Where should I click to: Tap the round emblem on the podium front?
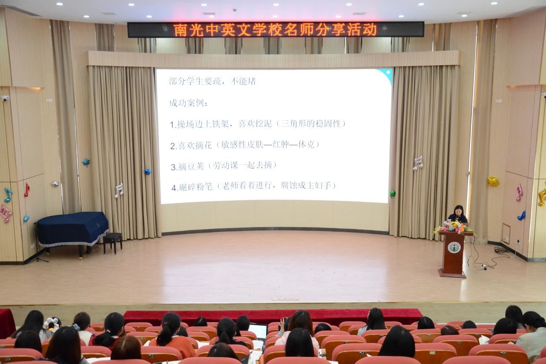pos(454,247)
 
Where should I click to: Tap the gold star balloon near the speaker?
pos(493,181)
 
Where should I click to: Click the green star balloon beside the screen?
pos(392,194)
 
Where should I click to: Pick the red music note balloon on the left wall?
pos(27,189)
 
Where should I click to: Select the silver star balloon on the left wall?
pos(55,184)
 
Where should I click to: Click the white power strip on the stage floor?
pos(484,266)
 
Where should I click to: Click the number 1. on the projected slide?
pos(173,125)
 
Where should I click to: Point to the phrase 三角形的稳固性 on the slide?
pos(311,124)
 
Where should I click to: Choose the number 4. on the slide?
pos(174,187)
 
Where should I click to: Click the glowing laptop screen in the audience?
pos(258,331)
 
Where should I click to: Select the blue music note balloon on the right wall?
pos(521,215)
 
